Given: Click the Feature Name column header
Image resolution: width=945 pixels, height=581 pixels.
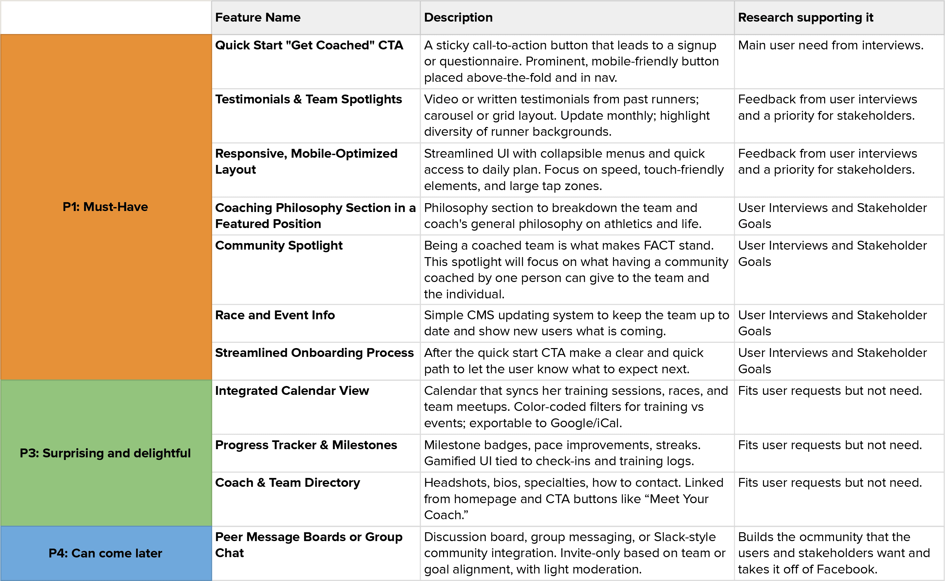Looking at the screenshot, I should tap(258, 18).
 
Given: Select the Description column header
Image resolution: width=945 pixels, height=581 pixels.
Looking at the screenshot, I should tap(458, 18).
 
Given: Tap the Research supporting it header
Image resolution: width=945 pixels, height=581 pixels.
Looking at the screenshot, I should tap(806, 18).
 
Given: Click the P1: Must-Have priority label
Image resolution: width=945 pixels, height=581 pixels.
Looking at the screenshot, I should tap(105, 207).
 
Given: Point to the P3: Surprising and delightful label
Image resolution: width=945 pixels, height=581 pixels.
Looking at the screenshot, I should tap(105, 453).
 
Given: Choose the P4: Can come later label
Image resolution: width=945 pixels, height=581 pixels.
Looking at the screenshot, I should tap(105, 553).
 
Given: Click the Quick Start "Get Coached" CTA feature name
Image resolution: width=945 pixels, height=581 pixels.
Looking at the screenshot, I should tap(309, 45).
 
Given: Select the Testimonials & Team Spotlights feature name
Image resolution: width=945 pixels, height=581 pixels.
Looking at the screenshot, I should tap(308, 99).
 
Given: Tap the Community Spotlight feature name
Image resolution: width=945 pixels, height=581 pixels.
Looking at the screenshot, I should tap(279, 246).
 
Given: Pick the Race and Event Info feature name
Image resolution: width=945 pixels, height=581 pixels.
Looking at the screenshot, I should tap(275, 315).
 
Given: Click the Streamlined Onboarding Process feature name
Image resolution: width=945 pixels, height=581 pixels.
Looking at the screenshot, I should tap(314, 353).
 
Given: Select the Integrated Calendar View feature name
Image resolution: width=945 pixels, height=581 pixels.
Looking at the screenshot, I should tap(292, 391).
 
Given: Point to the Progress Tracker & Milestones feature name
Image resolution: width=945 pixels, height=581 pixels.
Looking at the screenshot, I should tap(306, 445).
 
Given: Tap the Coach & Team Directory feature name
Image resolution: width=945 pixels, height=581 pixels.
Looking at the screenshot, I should tap(287, 483).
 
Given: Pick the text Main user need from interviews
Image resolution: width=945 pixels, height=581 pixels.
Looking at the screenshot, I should tap(830, 45).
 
